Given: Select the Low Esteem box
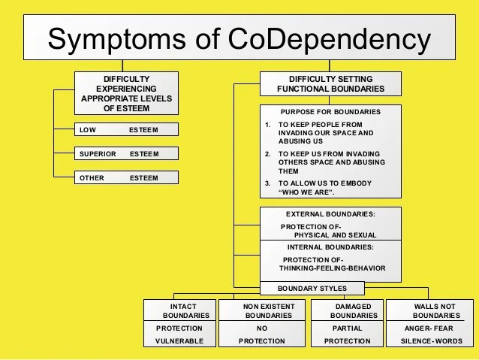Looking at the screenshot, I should click(126, 129).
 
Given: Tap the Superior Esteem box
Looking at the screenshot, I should click(126, 153).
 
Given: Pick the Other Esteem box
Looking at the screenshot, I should click(126, 178).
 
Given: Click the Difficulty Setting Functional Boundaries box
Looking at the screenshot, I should click(330, 83).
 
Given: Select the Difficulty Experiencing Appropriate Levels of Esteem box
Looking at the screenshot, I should click(126, 93).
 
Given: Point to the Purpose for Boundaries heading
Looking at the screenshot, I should click(330, 112).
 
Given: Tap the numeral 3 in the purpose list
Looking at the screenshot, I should click(268, 183).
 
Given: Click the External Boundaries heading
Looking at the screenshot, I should click(330, 214).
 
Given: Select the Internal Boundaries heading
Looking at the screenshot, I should click(330, 247).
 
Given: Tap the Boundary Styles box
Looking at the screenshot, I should click(312, 288).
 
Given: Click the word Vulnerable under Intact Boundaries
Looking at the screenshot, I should click(179, 341).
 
